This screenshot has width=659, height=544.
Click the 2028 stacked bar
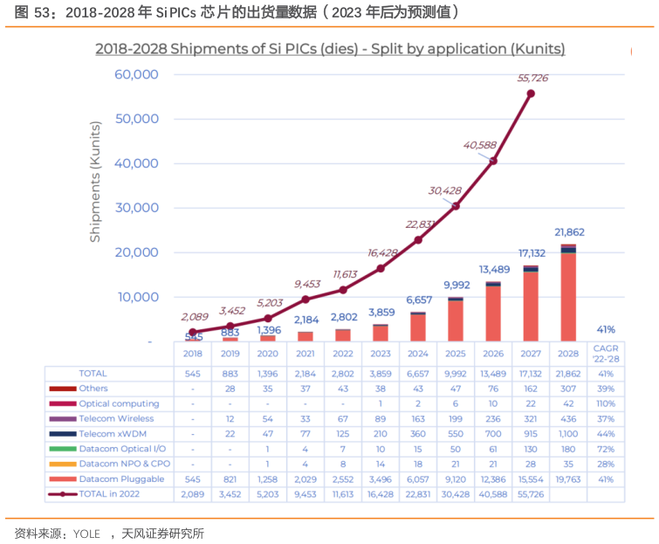click(x=568, y=293)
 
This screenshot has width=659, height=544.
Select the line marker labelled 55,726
click(x=531, y=93)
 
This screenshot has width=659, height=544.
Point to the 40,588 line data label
click(x=480, y=145)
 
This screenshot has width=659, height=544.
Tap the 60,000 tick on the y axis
click(x=136, y=74)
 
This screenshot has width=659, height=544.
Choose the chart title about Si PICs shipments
click(x=330, y=49)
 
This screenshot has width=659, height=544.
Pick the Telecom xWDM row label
click(x=112, y=434)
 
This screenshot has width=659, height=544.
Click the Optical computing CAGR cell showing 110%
click(x=606, y=403)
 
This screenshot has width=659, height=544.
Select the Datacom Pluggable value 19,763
click(x=568, y=479)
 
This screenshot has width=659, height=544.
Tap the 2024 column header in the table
click(x=417, y=354)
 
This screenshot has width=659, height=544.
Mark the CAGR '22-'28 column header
click(x=606, y=354)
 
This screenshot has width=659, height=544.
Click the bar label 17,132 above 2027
click(x=530, y=252)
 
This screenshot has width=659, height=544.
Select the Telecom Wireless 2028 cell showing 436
click(x=568, y=419)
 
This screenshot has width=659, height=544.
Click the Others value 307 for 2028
click(x=568, y=389)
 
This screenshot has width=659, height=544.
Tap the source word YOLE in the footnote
click(x=86, y=534)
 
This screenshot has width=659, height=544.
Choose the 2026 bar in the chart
click(x=493, y=312)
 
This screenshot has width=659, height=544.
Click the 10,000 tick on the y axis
click(x=136, y=297)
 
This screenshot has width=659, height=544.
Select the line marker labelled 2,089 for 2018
click(x=192, y=333)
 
